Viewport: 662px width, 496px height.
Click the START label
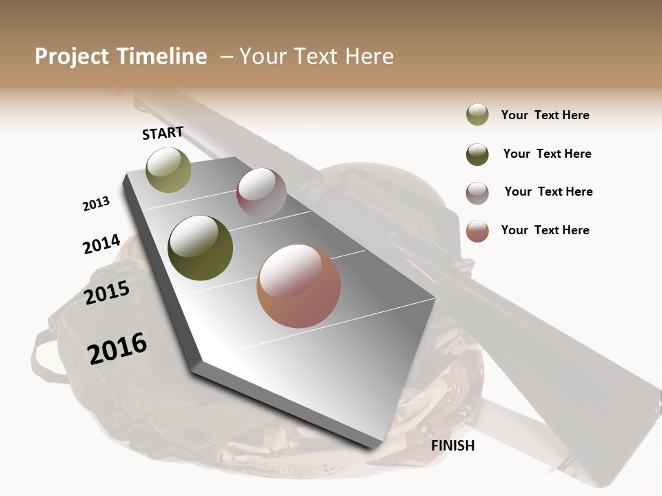[x=163, y=133]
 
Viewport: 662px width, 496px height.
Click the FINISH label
[x=453, y=446]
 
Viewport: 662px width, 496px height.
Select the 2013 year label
[x=96, y=204]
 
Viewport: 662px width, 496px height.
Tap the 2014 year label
[x=101, y=245]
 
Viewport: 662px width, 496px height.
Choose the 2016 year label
[x=117, y=349]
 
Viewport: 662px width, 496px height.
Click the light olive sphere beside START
[x=168, y=170]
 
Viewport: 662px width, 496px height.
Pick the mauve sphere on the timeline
[x=261, y=193]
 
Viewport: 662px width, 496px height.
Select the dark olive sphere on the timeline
[x=201, y=248]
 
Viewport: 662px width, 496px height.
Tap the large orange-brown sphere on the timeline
[x=299, y=286]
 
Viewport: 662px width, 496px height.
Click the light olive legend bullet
[x=477, y=115]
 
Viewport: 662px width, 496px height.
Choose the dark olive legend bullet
[x=477, y=154]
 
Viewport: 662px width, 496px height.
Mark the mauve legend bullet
[x=477, y=193]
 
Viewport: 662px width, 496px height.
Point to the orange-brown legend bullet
[x=477, y=231]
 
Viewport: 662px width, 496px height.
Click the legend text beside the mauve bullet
[x=548, y=192]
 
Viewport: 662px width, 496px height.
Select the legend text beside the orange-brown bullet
[x=545, y=230]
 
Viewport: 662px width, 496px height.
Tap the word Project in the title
[x=72, y=56]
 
